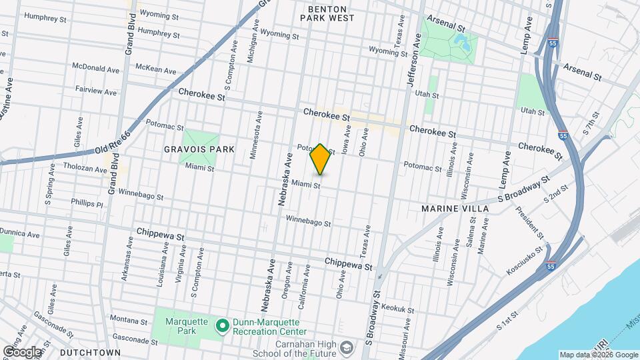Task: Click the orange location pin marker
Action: (x=320, y=159)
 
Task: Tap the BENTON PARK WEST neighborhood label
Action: (x=331, y=13)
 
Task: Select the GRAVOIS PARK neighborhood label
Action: (x=199, y=149)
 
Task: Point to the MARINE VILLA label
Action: (x=455, y=209)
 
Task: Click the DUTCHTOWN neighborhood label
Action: (x=90, y=352)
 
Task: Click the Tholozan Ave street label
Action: (x=85, y=167)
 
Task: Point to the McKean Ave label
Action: (x=155, y=69)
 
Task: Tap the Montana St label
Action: (x=129, y=321)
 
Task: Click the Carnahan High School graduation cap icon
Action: (x=347, y=347)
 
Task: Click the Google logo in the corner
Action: (x=22, y=351)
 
